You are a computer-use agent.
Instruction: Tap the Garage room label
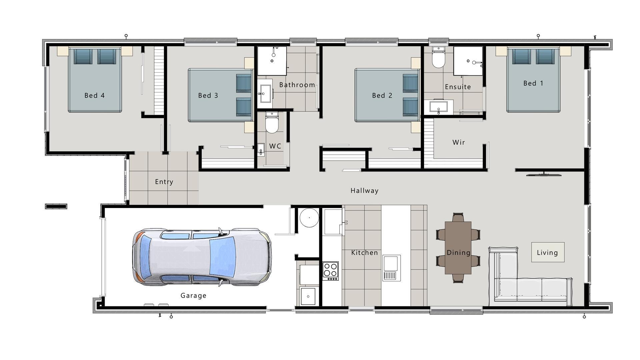193,296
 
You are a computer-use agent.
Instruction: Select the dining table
458,248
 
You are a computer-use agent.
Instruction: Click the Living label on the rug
547,253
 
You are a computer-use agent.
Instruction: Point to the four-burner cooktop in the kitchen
330,270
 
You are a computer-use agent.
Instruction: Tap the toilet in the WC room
272,123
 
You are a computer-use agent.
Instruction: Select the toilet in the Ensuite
438,58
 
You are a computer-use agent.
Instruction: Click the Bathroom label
297,85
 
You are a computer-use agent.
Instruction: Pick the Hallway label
364,191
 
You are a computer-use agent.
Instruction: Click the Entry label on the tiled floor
164,182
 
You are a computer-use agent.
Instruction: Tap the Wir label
459,142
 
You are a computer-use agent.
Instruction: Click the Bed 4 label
94,96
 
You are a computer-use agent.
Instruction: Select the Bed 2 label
382,96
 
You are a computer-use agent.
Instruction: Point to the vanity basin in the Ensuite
439,107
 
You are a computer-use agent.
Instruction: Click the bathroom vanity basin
265,93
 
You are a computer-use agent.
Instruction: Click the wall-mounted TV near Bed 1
544,174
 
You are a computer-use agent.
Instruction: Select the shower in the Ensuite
468,61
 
